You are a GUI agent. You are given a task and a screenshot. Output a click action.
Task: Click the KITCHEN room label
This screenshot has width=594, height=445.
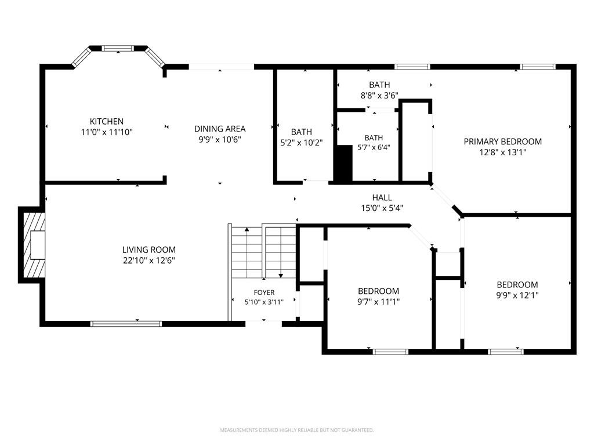coord(107,122)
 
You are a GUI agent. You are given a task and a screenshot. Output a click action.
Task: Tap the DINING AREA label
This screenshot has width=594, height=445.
coord(220,129)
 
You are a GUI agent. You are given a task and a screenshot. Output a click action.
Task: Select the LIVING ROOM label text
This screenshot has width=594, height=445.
coord(149,250)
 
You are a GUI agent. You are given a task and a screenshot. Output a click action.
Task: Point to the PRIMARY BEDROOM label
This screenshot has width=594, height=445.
coord(503,141)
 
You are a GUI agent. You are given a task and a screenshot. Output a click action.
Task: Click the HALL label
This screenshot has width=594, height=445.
coord(382,197)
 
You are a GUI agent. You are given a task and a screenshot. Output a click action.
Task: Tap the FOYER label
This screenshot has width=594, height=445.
coord(264,293)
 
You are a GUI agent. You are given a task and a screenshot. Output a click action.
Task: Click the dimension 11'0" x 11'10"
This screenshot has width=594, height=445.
coord(107,132)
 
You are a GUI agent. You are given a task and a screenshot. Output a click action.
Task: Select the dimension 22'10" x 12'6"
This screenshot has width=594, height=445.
coord(149,260)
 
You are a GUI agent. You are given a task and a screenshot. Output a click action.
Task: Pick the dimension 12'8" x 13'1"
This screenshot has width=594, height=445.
coord(503,152)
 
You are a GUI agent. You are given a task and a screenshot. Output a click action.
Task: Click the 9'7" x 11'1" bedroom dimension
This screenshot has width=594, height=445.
coord(378,301)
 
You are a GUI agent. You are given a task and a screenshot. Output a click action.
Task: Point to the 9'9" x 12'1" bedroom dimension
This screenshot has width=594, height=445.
coord(517,295)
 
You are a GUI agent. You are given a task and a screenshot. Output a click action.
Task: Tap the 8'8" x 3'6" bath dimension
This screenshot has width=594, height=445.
coord(379,96)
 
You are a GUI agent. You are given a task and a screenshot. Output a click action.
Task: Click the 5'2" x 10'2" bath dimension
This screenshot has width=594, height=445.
coord(302,143)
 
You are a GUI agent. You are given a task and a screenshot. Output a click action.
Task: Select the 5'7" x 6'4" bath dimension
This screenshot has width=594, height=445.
coord(374,147)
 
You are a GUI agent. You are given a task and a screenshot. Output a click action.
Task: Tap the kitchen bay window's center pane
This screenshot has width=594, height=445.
coord(118,49)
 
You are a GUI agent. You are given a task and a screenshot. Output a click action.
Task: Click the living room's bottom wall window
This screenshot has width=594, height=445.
coord(126,324)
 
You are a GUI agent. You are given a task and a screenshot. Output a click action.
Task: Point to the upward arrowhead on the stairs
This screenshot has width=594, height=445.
coord(247,229)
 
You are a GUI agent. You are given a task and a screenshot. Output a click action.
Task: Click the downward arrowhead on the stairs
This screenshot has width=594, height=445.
coord(281,276)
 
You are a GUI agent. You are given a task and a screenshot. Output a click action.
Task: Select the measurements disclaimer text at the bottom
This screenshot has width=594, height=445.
coord(297,430)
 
